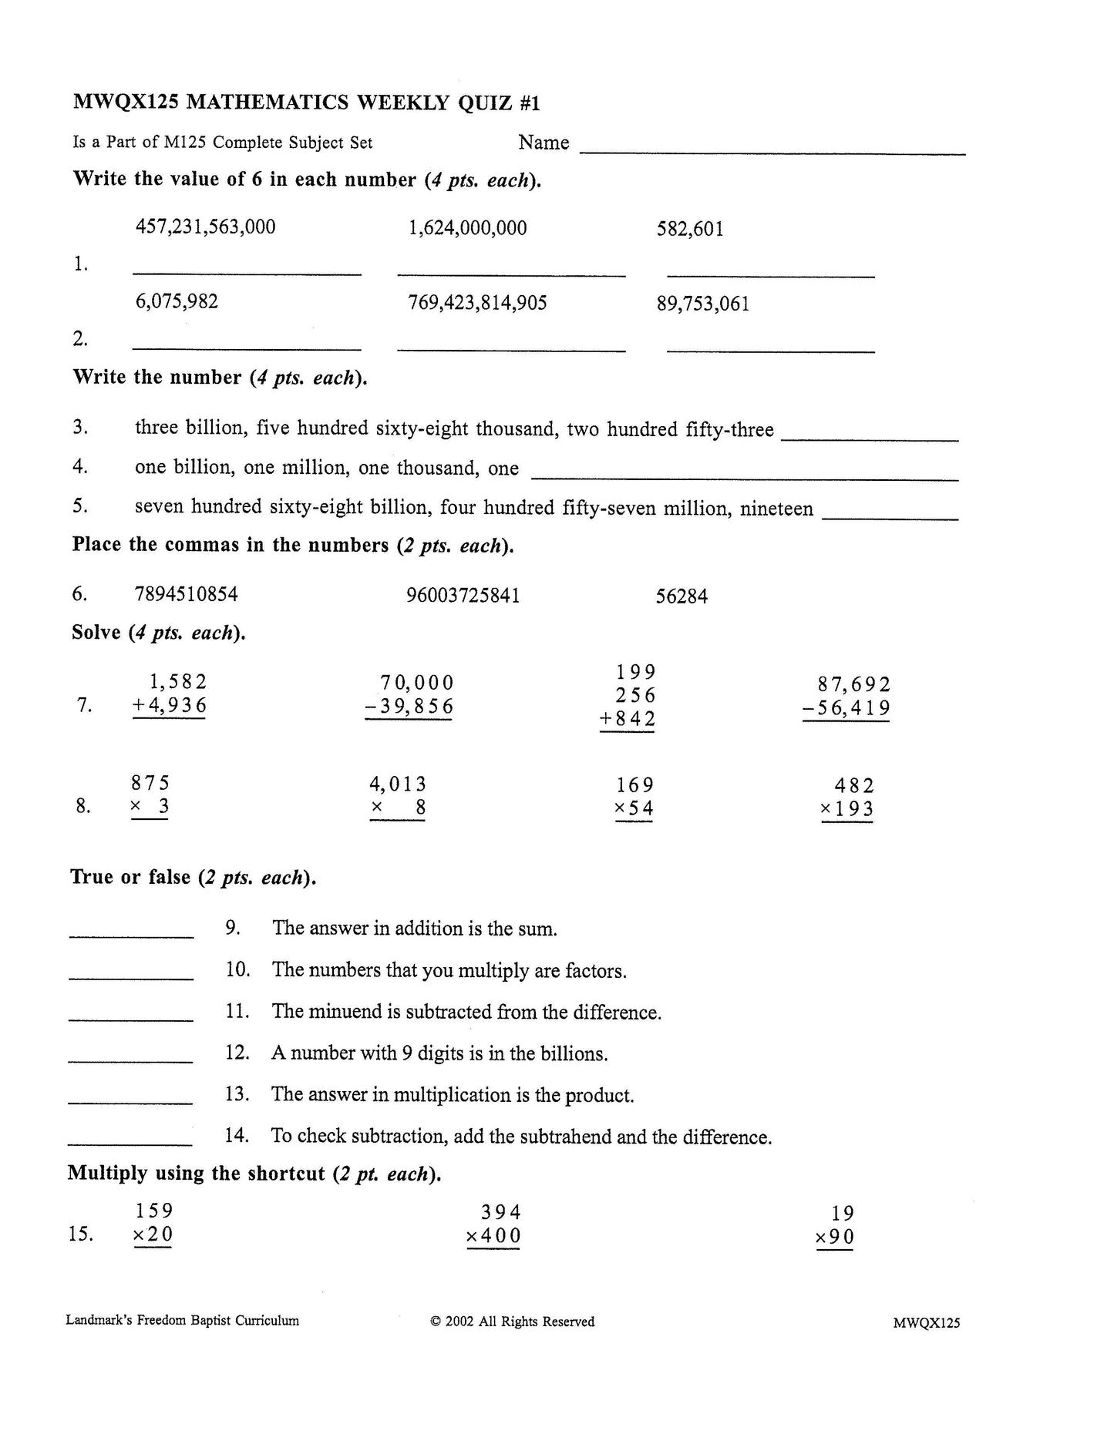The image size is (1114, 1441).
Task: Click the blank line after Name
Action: point(772,153)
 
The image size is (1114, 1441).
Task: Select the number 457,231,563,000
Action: point(205,227)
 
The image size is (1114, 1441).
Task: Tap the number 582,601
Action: point(690,229)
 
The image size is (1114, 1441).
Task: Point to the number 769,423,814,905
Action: point(477,303)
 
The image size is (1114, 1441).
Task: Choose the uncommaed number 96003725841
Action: point(463,596)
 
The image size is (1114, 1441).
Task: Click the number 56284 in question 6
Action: point(682,596)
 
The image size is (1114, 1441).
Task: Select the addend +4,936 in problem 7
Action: point(170,706)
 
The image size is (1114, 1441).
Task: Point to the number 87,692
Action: point(853,684)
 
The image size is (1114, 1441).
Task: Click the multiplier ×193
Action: point(846,809)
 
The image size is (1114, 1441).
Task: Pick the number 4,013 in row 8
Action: point(398,784)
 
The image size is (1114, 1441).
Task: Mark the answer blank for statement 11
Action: point(131,1019)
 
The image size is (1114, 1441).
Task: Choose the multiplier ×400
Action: point(493,1236)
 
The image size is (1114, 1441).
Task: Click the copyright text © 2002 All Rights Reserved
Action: point(513,1322)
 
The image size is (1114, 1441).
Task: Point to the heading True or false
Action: point(130,877)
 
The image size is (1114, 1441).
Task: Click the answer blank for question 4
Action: point(745,479)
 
